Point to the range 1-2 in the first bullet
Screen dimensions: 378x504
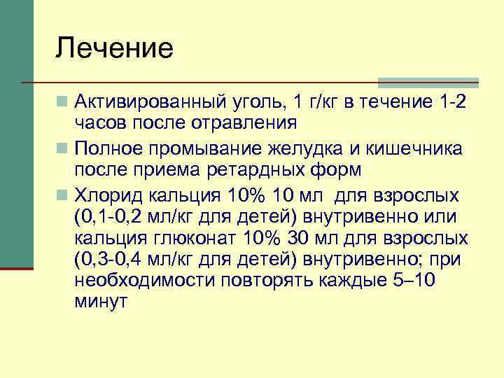[x=449, y=104]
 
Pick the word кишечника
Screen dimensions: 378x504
[x=428, y=149]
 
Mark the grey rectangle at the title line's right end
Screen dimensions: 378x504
[x=428, y=81]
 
